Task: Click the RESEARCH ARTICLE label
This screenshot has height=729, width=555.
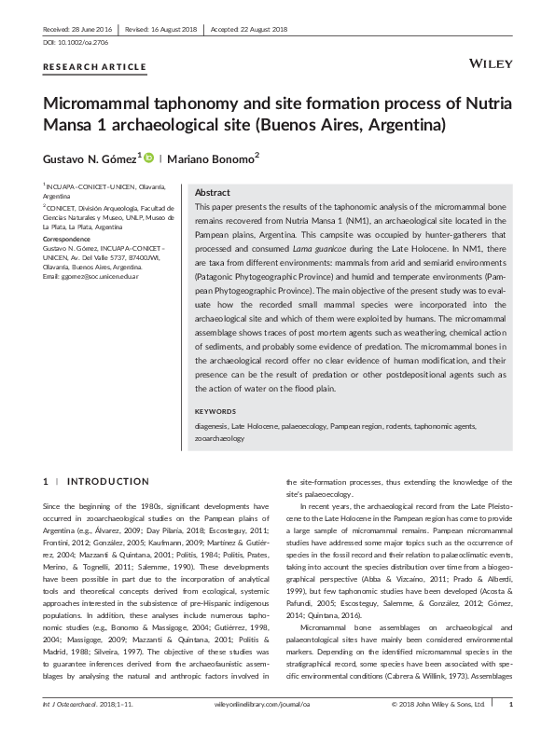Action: pyautogui.click(x=94, y=67)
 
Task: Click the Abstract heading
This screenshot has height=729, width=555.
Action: pyautogui.click(x=213, y=190)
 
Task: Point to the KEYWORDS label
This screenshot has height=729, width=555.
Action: pyautogui.click(x=215, y=411)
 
